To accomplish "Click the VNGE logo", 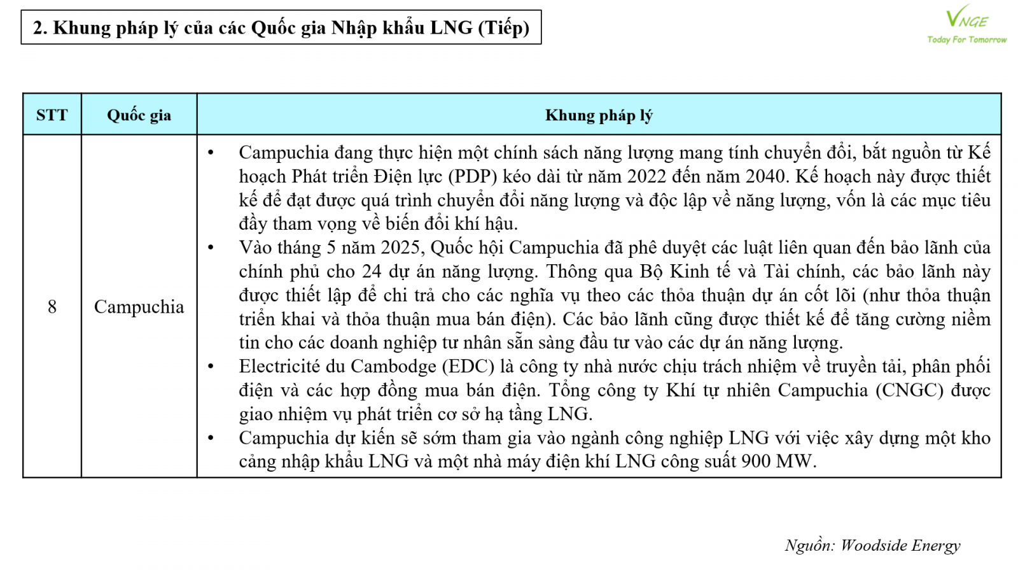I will (x=966, y=18).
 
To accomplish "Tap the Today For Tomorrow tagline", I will (x=966, y=39).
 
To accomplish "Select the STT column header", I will (x=52, y=115).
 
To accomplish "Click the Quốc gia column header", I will (x=139, y=115).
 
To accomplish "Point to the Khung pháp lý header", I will (x=599, y=115).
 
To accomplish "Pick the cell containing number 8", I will (x=52, y=307).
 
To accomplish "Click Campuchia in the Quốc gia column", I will (x=139, y=307).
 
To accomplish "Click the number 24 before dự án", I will (x=372, y=272).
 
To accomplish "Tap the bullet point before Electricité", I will (x=211, y=367).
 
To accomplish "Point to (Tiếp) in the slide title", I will (x=503, y=28).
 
